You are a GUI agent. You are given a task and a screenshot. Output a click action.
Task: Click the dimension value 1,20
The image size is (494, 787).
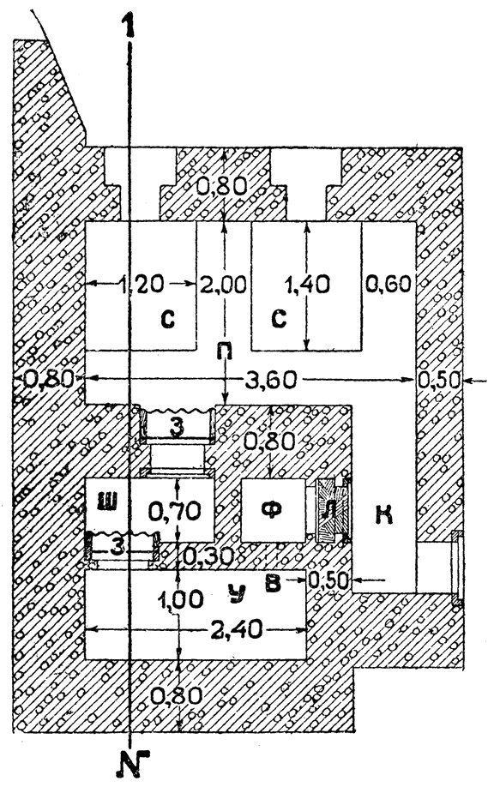142,285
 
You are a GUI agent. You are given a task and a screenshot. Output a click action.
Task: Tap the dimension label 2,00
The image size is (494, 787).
224,285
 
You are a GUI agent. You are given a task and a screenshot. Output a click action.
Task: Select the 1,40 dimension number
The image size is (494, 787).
307,285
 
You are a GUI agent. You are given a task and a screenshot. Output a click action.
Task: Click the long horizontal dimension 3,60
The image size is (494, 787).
271,380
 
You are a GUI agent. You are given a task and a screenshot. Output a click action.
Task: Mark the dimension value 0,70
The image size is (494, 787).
175,512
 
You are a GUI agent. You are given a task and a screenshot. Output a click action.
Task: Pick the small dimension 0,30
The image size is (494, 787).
207,556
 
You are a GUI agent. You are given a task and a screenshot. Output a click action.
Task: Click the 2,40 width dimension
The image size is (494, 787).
237,629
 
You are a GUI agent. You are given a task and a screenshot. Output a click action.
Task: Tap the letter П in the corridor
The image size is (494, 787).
225,351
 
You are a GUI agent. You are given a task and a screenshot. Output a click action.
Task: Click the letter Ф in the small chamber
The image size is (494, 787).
273,510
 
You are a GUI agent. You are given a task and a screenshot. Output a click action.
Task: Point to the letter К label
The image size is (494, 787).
384,515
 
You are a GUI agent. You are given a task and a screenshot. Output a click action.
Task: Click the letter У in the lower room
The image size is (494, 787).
237,592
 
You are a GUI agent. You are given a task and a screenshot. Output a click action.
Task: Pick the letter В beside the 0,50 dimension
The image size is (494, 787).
273,584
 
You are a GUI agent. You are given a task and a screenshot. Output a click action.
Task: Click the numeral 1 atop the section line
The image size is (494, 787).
130,25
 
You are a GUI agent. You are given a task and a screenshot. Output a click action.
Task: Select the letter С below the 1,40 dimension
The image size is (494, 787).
279,318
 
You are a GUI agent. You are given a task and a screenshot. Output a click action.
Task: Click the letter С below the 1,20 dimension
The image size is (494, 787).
168,318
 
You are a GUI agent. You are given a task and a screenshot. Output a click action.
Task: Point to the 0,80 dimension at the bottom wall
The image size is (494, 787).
177,695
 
